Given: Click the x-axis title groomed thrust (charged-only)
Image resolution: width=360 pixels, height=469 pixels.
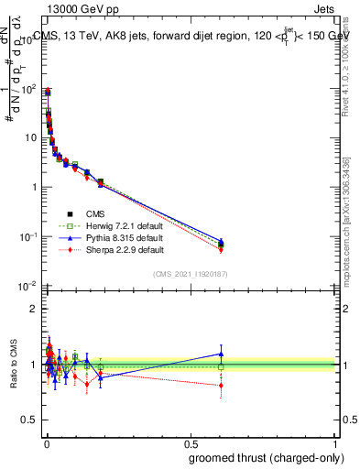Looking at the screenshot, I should tap(266, 456).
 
